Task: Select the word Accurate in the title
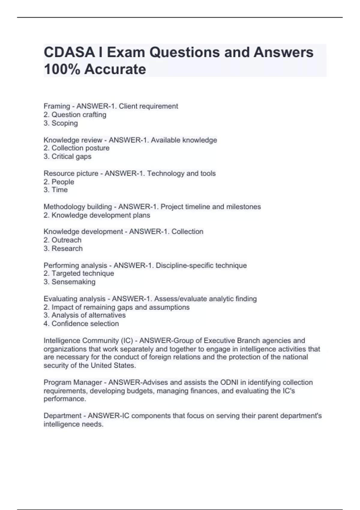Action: point(115,69)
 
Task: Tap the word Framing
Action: point(57,106)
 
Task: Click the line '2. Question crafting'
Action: point(75,115)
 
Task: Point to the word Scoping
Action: point(64,123)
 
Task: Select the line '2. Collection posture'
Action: point(76,148)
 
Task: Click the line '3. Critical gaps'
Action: point(67,156)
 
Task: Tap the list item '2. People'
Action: point(59,182)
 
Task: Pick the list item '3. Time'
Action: point(55,190)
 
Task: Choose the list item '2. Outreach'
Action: point(62,240)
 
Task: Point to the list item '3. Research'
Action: point(63,248)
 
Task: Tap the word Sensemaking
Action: point(73,282)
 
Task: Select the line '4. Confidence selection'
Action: point(81,323)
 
